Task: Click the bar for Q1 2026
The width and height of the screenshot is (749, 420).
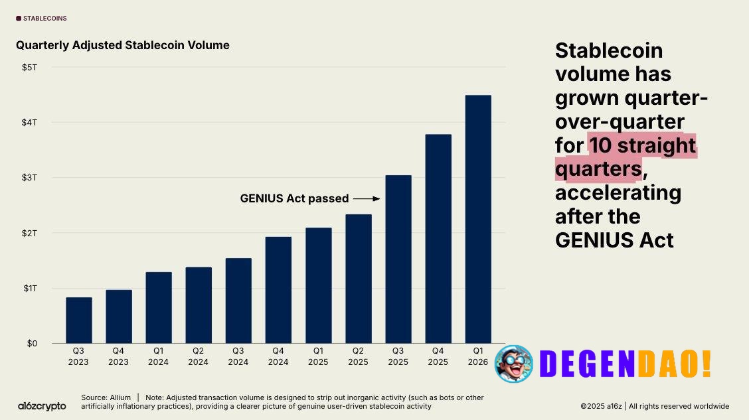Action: pos(478,219)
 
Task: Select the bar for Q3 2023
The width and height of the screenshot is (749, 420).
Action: pos(78,320)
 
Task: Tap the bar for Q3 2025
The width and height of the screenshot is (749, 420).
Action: pos(398,259)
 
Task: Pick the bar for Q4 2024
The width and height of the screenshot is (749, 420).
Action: pos(278,289)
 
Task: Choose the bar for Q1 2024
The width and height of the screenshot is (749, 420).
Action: pos(159,307)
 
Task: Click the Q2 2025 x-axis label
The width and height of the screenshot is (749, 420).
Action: pos(358,357)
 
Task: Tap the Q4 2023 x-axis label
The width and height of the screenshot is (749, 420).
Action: pos(118,357)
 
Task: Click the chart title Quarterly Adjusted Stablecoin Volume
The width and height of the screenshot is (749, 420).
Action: pos(123,45)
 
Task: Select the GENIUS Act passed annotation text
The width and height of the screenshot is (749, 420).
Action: pos(294,198)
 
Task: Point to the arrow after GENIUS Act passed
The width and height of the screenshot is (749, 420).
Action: pos(366,198)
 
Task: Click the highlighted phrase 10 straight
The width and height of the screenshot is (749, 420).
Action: pos(642,145)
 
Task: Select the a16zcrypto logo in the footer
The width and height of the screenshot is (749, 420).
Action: pos(41,405)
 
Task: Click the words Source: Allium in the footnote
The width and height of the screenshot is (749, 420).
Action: pos(106,397)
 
